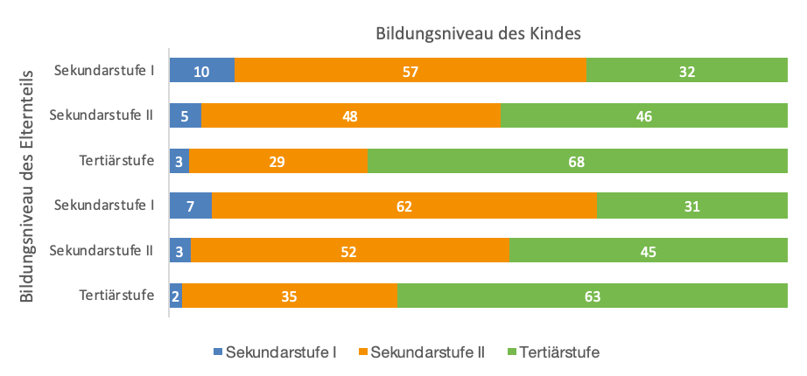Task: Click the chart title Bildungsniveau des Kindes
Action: (x=479, y=34)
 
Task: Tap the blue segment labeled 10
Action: (x=201, y=71)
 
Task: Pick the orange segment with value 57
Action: (x=410, y=71)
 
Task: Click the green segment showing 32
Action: (x=686, y=71)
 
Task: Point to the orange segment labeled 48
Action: (x=350, y=115)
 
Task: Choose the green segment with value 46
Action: (x=643, y=115)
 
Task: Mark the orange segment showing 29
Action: (x=277, y=161)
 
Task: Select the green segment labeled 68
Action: (x=577, y=161)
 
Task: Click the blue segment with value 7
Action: (x=190, y=206)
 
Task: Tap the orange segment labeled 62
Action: (x=403, y=206)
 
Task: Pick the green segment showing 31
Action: (x=691, y=206)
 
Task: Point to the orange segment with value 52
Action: (x=349, y=252)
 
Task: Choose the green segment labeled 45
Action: (x=648, y=252)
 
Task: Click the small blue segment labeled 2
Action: (x=175, y=296)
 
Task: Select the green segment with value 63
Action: (x=592, y=296)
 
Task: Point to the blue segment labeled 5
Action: (x=185, y=115)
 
